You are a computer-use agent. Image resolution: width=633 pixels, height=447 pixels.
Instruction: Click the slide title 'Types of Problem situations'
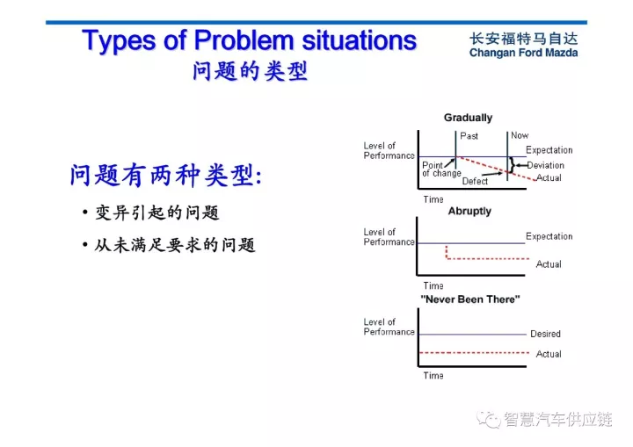click(249, 40)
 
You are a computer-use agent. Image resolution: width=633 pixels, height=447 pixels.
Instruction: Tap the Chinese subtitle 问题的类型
click(250, 71)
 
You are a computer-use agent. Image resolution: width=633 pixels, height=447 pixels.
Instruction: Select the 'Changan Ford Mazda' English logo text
click(523, 54)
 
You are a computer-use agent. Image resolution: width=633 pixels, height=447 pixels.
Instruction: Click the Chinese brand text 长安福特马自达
click(524, 39)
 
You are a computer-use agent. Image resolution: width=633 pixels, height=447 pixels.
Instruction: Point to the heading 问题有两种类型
click(164, 176)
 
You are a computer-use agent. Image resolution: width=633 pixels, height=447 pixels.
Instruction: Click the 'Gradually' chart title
click(468, 118)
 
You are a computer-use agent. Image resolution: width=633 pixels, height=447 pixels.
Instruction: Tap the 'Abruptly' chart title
click(469, 212)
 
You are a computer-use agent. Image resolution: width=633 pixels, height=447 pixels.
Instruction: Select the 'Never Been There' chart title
click(469, 299)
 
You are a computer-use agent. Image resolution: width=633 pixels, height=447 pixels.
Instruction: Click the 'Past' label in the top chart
click(469, 136)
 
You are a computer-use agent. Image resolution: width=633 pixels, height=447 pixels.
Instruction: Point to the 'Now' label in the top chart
click(520, 135)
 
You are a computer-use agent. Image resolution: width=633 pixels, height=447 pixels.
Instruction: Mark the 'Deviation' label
click(545, 165)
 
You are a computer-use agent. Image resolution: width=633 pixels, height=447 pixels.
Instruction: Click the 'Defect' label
click(475, 181)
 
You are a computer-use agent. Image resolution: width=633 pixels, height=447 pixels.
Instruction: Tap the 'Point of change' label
click(440, 169)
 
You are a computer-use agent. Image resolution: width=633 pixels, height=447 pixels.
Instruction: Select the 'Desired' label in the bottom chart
click(545, 334)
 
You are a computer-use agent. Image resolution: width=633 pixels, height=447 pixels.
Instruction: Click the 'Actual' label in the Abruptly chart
click(549, 264)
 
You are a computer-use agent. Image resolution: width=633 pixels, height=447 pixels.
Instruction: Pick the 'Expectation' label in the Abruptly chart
click(549, 236)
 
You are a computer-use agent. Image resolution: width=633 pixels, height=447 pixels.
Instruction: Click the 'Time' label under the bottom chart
click(433, 376)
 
